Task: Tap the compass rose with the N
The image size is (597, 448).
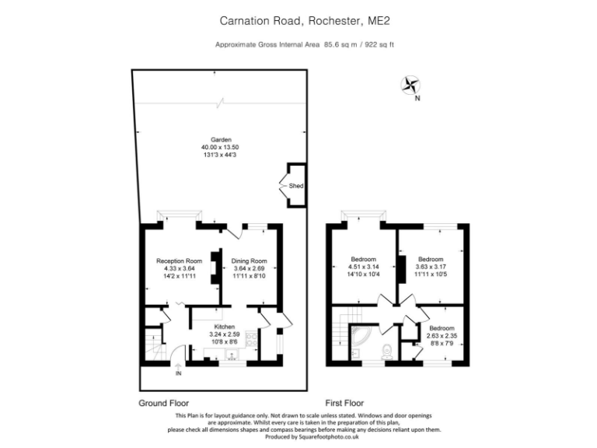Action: [410, 86]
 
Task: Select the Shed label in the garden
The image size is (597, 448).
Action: [295, 187]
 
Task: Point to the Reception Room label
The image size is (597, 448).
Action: [179, 261]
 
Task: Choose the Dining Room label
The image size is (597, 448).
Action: [250, 261]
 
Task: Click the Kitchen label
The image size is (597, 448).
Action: [225, 326]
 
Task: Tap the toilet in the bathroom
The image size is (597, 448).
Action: [386, 349]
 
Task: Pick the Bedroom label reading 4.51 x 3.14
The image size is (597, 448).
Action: [363, 267]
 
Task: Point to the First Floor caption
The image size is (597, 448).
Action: [344, 404]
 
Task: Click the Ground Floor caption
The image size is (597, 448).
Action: [164, 404]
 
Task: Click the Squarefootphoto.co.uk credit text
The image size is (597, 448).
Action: [325, 437]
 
